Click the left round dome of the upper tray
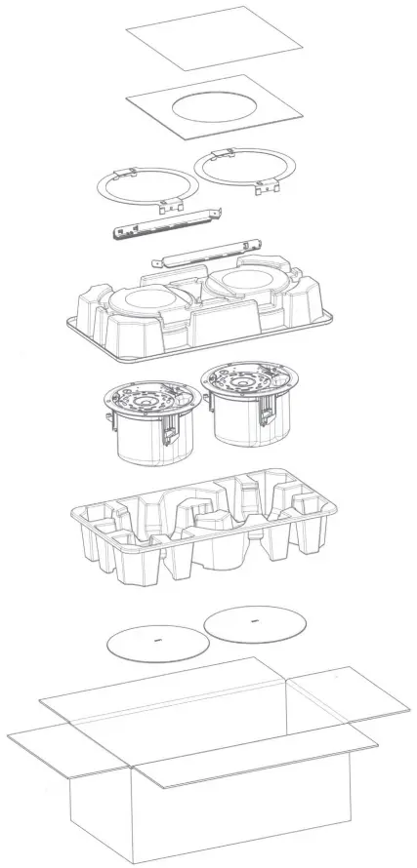pos(147,299)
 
